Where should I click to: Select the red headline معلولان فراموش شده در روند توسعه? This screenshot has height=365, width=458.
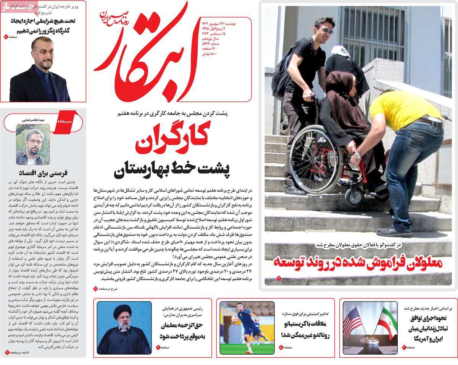pyautogui.click(x=358, y=263)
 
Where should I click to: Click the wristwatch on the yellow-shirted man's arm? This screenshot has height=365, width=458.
pyautogui.click(x=358, y=156)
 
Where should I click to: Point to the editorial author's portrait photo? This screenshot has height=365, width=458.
pyautogui.click(x=33, y=144)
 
